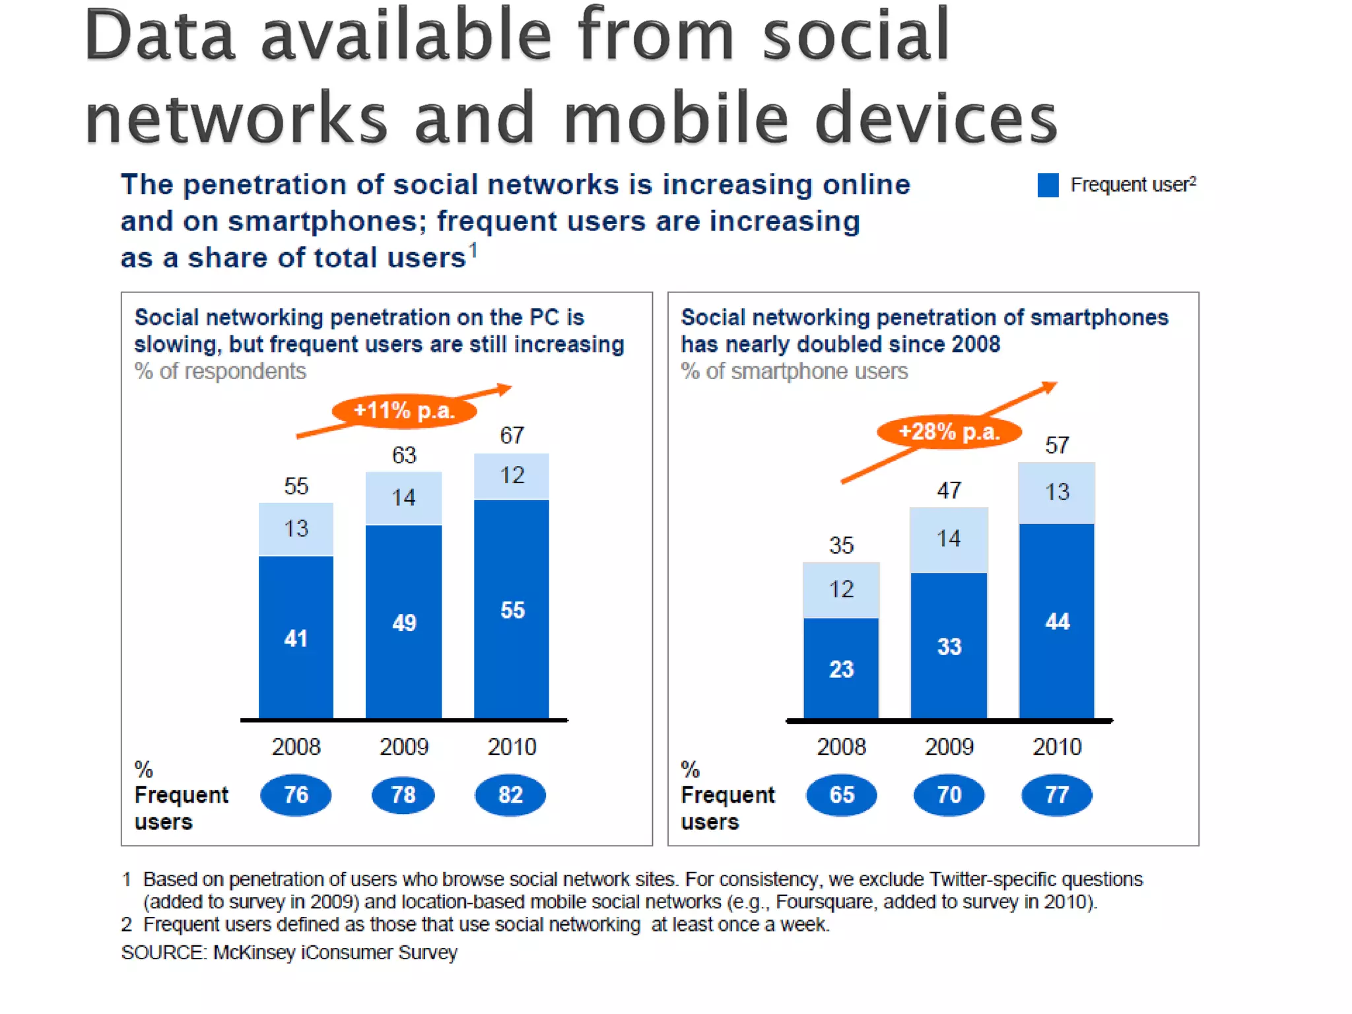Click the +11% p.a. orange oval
[x=404, y=411]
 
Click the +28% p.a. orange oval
[x=949, y=432]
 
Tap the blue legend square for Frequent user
[x=1048, y=185]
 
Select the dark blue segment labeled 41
[x=296, y=638]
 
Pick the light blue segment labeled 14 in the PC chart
[x=403, y=498]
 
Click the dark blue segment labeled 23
[x=841, y=668]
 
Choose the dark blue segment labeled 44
[x=1057, y=621]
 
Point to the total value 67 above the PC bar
[x=512, y=435]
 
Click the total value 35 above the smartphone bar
[x=841, y=545]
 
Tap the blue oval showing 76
[x=296, y=795]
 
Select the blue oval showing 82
[x=510, y=795]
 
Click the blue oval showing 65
[x=842, y=795]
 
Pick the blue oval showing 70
[x=949, y=795]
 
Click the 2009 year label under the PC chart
[x=404, y=747]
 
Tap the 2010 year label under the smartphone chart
[x=1057, y=747]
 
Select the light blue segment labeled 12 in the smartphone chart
[x=841, y=590]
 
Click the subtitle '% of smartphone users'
[x=794, y=371]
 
